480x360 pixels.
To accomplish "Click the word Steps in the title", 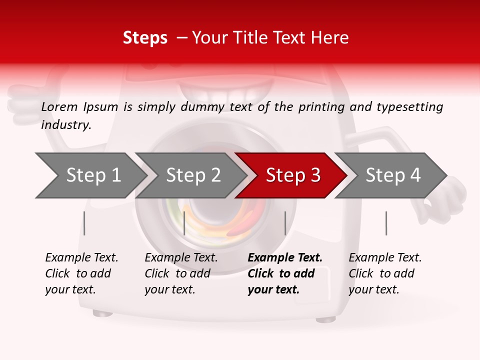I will click(145, 37).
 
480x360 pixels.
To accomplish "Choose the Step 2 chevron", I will click(192, 175).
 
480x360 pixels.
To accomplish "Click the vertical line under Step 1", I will click(84, 223).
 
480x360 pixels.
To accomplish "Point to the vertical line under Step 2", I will click(184, 223).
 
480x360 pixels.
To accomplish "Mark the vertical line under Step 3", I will click(285, 223).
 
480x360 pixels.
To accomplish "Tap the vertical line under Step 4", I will click(386, 223).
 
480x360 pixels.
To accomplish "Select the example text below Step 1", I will click(81, 273).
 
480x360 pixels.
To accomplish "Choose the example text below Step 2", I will click(180, 273).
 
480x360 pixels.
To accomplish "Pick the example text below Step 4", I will click(384, 273).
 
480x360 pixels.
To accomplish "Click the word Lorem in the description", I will click(59, 106).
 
